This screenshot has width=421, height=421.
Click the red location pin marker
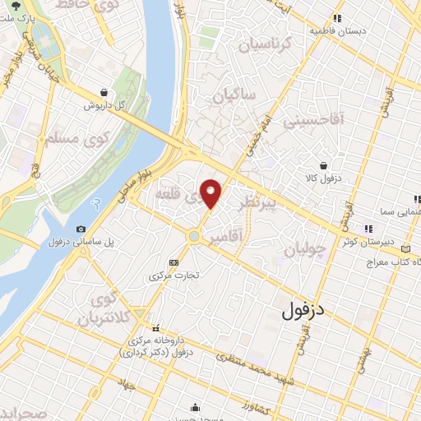click(x=212, y=192)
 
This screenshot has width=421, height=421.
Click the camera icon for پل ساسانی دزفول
click(x=81, y=229)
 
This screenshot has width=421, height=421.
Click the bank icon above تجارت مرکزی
click(x=173, y=262)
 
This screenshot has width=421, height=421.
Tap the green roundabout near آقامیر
click(x=193, y=237)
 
